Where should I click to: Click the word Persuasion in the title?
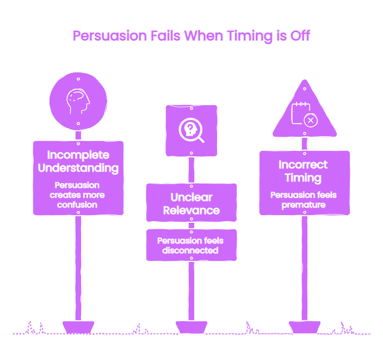pyautogui.click(x=110, y=36)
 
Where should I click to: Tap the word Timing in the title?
pyautogui.click(x=249, y=36)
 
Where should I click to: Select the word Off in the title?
pyautogui.click(x=300, y=36)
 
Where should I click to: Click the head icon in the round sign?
pyautogui.click(x=78, y=101)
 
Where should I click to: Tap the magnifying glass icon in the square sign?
pyautogui.click(x=191, y=130)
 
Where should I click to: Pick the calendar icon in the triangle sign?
pyautogui.click(x=304, y=114)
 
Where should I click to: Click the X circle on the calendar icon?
pyautogui.click(x=311, y=120)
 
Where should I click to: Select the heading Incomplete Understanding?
pyautogui.click(x=78, y=161)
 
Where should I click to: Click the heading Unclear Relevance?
pyautogui.click(x=191, y=204)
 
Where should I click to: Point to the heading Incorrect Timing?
pyautogui.click(x=303, y=171)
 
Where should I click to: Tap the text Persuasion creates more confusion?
pyautogui.click(x=77, y=195)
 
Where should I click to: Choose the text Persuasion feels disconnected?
pyautogui.click(x=190, y=246)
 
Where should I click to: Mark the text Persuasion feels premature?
pyautogui.click(x=304, y=200)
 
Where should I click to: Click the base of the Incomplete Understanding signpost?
pyautogui.click(x=78, y=327)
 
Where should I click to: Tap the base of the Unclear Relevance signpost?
pyautogui.click(x=191, y=327)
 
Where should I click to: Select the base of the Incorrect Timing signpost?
pyautogui.click(x=304, y=327)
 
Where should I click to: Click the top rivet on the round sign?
pyautogui.click(x=78, y=79)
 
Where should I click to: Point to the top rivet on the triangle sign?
pyautogui.click(x=305, y=89)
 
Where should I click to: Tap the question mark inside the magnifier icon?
pyautogui.click(x=190, y=127)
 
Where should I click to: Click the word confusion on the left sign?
pyautogui.click(x=77, y=205)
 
